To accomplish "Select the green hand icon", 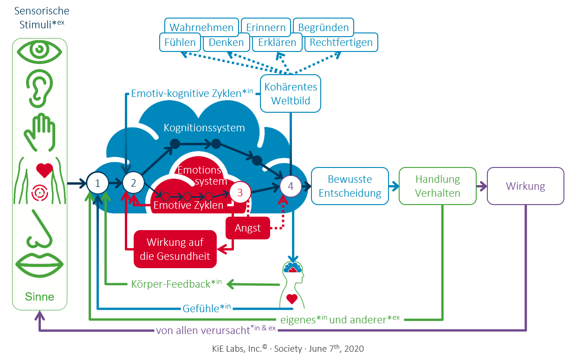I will pyautogui.click(x=39, y=131).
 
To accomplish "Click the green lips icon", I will pyautogui.click(x=39, y=264).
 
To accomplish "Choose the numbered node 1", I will pyautogui.click(x=97, y=183).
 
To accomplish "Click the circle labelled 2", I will pyautogui.click(x=134, y=183).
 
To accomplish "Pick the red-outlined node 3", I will pyautogui.click(x=240, y=193).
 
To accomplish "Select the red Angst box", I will pyautogui.click(x=248, y=228).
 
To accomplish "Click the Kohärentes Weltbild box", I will pyautogui.click(x=290, y=94).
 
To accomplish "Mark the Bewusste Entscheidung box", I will pyautogui.click(x=350, y=186).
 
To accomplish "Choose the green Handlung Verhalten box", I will pyautogui.click(x=437, y=186).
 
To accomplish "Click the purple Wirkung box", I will pyautogui.click(x=525, y=186).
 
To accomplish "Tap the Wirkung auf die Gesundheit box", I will pyautogui.click(x=175, y=249).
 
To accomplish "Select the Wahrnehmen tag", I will pyautogui.click(x=201, y=27).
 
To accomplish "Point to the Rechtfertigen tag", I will pyautogui.click(x=341, y=43).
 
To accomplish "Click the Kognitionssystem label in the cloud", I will pyautogui.click(x=204, y=128).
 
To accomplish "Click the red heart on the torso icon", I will pyautogui.click(x=45, y=170).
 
